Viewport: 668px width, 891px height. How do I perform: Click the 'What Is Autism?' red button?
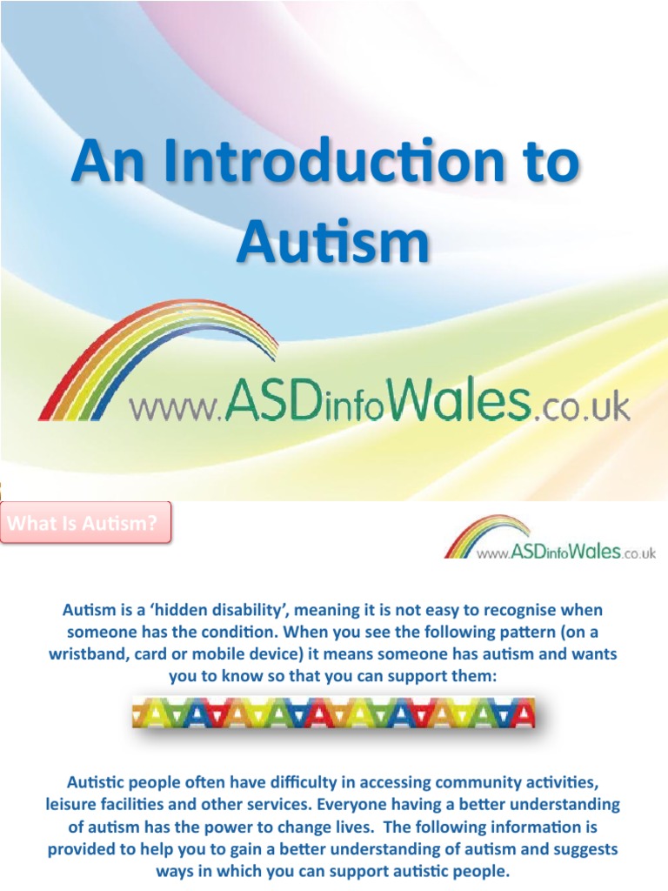(85, 524)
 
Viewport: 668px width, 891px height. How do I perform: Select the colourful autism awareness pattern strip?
(333, 714)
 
